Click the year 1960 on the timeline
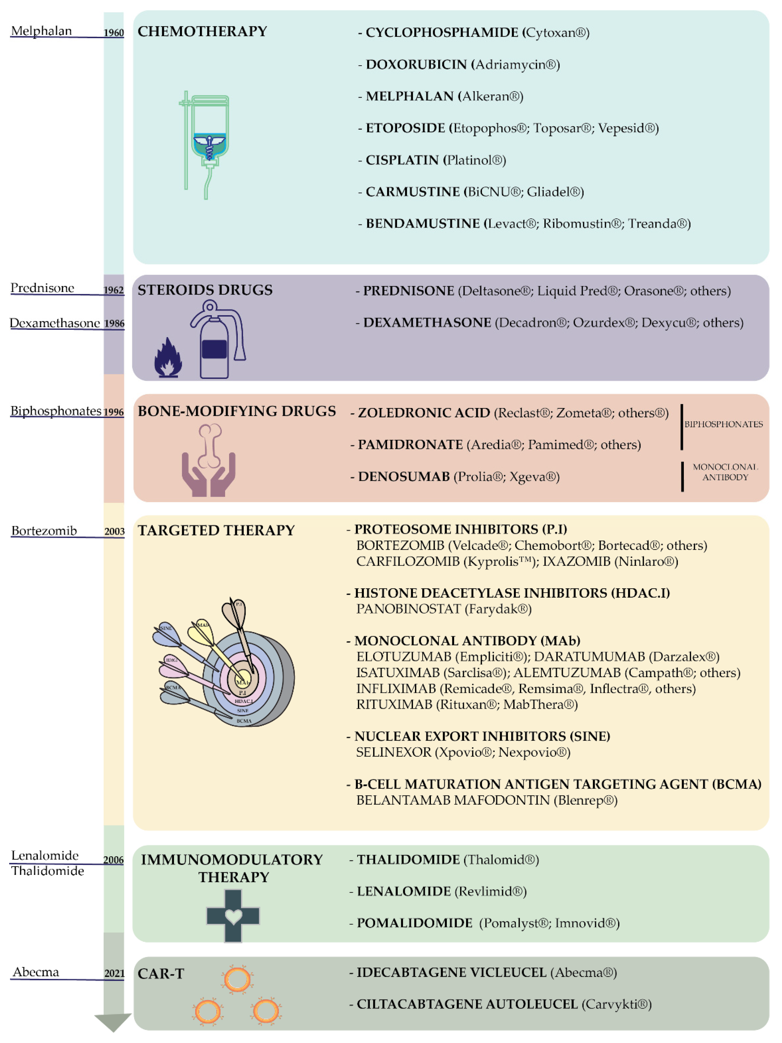tap(114, 32)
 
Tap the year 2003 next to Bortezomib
tap(114, 531)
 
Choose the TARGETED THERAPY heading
tap(216, 531)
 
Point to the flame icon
tap(168, 359)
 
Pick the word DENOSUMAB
tap(404, 477)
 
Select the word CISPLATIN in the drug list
tap(402, 160)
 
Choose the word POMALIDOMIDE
tap(414, 923)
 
